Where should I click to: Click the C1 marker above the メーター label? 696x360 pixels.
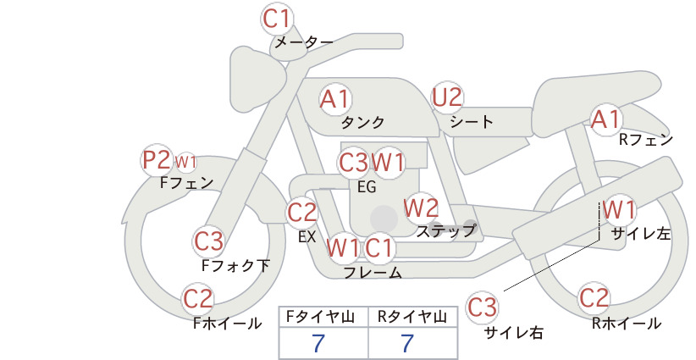tap(277, 19)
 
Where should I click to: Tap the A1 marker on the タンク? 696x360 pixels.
tap(335, 99)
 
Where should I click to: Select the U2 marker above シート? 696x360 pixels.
tap(447, 97)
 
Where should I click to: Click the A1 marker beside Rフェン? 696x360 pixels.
tap(606, 119)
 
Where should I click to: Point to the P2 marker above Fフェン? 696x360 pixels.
tap(157, 160)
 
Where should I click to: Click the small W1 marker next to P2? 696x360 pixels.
tap(185, 162)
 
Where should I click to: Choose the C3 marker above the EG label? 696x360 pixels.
tap(353, 163)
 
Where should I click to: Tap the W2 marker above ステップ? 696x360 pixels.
tap(421, 208)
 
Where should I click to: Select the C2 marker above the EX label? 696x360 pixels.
tap(302, 213)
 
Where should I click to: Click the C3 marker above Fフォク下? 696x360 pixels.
tap(208, 241)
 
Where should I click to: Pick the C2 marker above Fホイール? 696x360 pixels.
tap(198, 299)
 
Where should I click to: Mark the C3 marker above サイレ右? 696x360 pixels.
tap(482, 307)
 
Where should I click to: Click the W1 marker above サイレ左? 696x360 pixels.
tap(619, 209)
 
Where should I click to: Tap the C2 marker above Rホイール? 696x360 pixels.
tap(594, 298)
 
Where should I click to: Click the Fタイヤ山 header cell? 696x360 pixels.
tap(323, 317)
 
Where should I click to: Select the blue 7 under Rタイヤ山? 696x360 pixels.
tap(407, 343)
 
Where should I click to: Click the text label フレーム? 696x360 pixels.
tap(373, 273)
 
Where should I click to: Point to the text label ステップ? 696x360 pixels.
tap(446, 230)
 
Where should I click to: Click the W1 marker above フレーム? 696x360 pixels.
tap(343, 247)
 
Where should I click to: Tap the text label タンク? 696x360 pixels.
tap(362, 122)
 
